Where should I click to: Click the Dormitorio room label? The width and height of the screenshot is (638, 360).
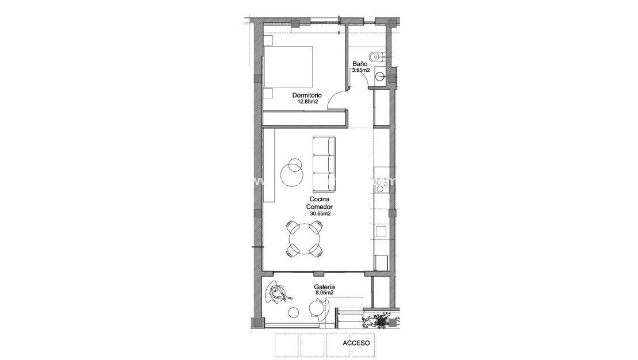tap(306, 95)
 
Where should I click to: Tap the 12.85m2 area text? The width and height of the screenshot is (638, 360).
tap(308, 102)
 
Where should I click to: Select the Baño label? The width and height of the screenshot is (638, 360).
tap(360, 64)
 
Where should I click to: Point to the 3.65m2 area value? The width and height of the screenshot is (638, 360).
tap(360, 71)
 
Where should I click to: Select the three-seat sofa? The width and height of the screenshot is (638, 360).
tap(324, 164)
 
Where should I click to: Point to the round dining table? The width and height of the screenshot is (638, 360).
tap(303, 239)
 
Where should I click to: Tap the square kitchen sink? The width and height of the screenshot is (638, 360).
tap(381, 231)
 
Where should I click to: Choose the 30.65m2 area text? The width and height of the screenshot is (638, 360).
tap(320, 213)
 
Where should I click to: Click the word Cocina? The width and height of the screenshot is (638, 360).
tap(320, 200)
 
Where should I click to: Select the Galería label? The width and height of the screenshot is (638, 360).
tap(325, 286)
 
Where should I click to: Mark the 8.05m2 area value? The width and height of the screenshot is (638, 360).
tap(325, 293)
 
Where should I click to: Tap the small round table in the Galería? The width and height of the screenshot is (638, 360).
tap(294, 313)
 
